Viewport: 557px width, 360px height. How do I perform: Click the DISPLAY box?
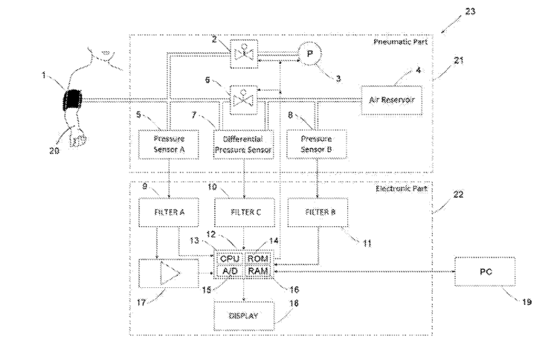[x=244, y=315]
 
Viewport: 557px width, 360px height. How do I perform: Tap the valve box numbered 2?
[x=242, y=54]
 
